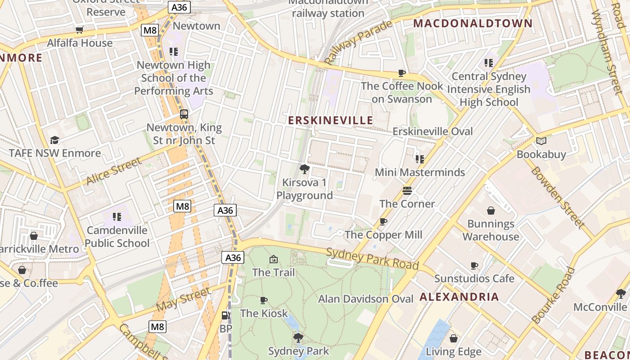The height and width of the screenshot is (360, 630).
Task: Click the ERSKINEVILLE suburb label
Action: point(330,121)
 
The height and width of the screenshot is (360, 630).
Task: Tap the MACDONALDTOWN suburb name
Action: point(472,23)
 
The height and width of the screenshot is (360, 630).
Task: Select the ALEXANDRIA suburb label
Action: point(459,297)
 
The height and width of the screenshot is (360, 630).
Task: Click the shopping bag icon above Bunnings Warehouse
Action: point(491,211)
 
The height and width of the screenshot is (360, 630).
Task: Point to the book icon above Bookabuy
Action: point(541,141)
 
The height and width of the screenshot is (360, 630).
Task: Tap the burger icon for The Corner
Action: point(407,191)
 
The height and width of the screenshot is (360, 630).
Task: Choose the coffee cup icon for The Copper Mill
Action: point(383,221)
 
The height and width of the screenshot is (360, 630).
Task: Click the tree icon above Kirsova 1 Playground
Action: point(305,169)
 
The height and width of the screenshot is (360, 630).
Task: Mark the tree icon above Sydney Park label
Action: point(298,337)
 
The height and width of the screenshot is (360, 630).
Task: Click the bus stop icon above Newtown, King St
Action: point(184,114)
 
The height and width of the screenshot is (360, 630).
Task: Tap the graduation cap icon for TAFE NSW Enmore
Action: point(54,140)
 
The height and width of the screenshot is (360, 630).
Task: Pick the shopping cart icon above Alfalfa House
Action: point(80,30)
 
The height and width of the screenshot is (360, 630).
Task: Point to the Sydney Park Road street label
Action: point(372,259)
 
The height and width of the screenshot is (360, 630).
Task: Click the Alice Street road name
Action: point(114,172)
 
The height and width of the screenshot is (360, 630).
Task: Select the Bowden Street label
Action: point(558,197)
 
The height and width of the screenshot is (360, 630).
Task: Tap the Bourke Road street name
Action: point(553,295)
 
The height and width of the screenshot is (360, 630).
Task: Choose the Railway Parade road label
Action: point(358,42)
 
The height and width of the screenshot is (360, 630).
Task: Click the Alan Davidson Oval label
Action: point(365,299)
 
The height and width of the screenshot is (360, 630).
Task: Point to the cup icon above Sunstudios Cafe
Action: point(474,265)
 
